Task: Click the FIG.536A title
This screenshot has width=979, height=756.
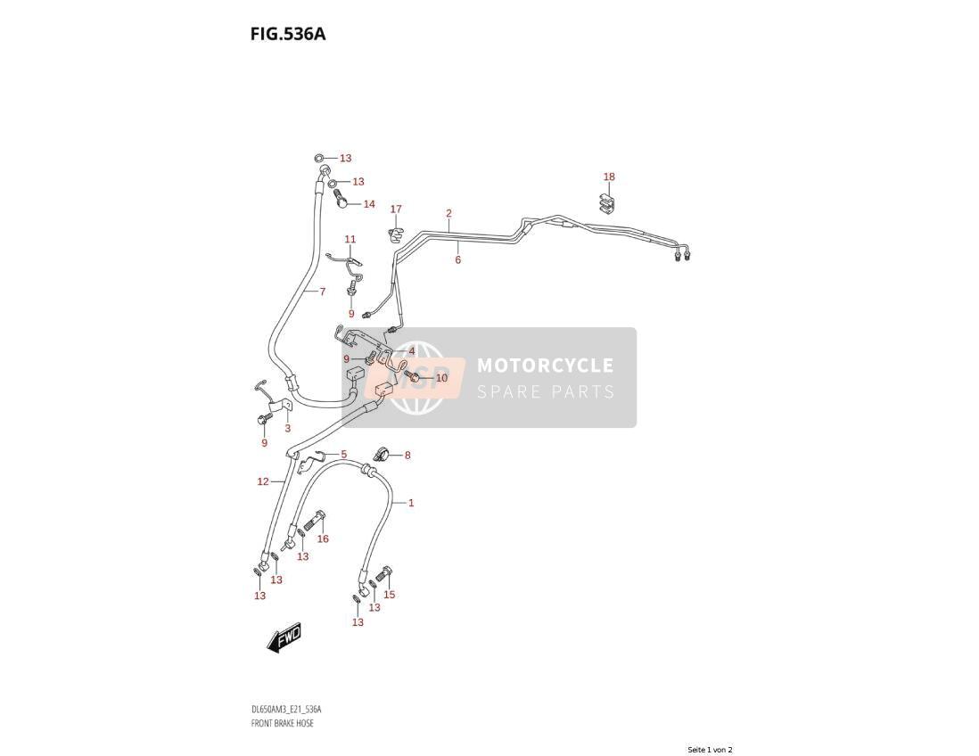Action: pyautogui.click(x=288, y=34)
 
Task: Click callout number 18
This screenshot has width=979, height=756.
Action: pyautogui.click(x=609, y=177)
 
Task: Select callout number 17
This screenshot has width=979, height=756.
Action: pyautogui.click(x=396, y=210)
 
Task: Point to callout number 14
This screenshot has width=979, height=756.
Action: pyautogui.click(x=369, y=204)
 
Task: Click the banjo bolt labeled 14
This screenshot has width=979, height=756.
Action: pyautogui.click(x=341, y=199)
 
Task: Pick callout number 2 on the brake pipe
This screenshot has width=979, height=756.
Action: pyautogui.click(x=448, y=213)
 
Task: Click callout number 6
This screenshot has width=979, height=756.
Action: pyautogui.click(x=457, y=259)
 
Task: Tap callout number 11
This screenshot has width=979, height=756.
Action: pyautogui.click(x=350, y=239)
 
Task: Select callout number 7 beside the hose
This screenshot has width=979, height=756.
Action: pyautogui.click(x=322, y=291)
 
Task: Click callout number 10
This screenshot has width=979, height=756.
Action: pyautogui.click(x=441, y=378)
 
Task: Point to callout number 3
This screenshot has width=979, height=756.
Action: pyautogui.click(x=287, y=428)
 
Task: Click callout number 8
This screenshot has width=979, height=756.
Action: pyautogui.click(x=407, y=455)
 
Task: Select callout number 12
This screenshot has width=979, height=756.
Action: pyautogui.click(x=263, y=481)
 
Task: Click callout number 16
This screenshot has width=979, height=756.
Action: pyautogui.click(x=323, y=538)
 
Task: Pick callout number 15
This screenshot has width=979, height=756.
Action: pyautogui.click(x=389, y=595)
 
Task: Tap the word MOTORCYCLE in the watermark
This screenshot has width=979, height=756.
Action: pyautogui.click(x=545, y=366)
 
